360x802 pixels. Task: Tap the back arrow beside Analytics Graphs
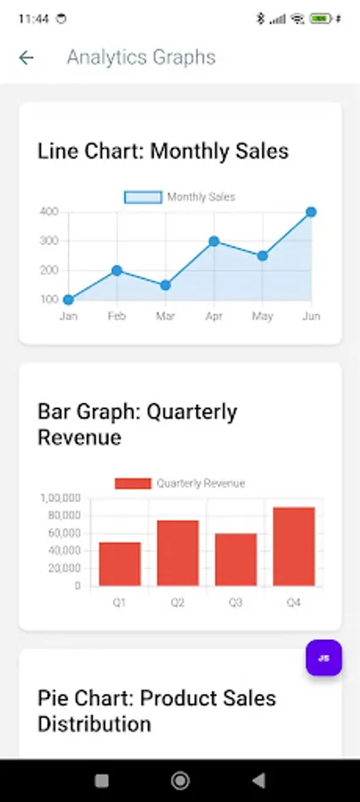pyautogui.click(x=26, y=58)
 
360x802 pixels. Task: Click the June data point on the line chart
pyautogui.click(x=311, y=212)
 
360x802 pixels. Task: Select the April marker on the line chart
pyautogui.click(x=214, y=241)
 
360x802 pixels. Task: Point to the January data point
pyautogui.click(x=68, y=299)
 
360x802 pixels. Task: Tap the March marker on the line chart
pyautogui.click(x=165, y=285)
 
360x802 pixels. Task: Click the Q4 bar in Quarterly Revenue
pyautogui.click(x=293, y=546)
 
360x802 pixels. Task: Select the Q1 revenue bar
pyautogui.click(x=119, y=564)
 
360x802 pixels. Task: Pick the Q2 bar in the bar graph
pyautogui.click(x=177, y=552)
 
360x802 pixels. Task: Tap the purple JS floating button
pyautogui.click(x=323, y=658)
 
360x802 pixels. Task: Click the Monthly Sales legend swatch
pyautogui.click(x=143, y=197)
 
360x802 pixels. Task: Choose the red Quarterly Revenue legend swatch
pyautogui.click(x=133, y=483)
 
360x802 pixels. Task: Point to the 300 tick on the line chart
pyautogui.click(x=49, y=241)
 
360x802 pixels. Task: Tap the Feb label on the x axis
pyautogui.click(x=117, y=316)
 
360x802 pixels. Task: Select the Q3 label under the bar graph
pyautogui.click(x=235, y=603)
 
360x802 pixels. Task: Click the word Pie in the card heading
pyautogui.click(x=53, y=698)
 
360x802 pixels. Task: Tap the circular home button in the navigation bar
pyautogui.click(x=180, y=781)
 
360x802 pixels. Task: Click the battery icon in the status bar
pyautogui.click(x=321, y=19)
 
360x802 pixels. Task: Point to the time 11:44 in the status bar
pyautogui.click(x=34, y=20)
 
